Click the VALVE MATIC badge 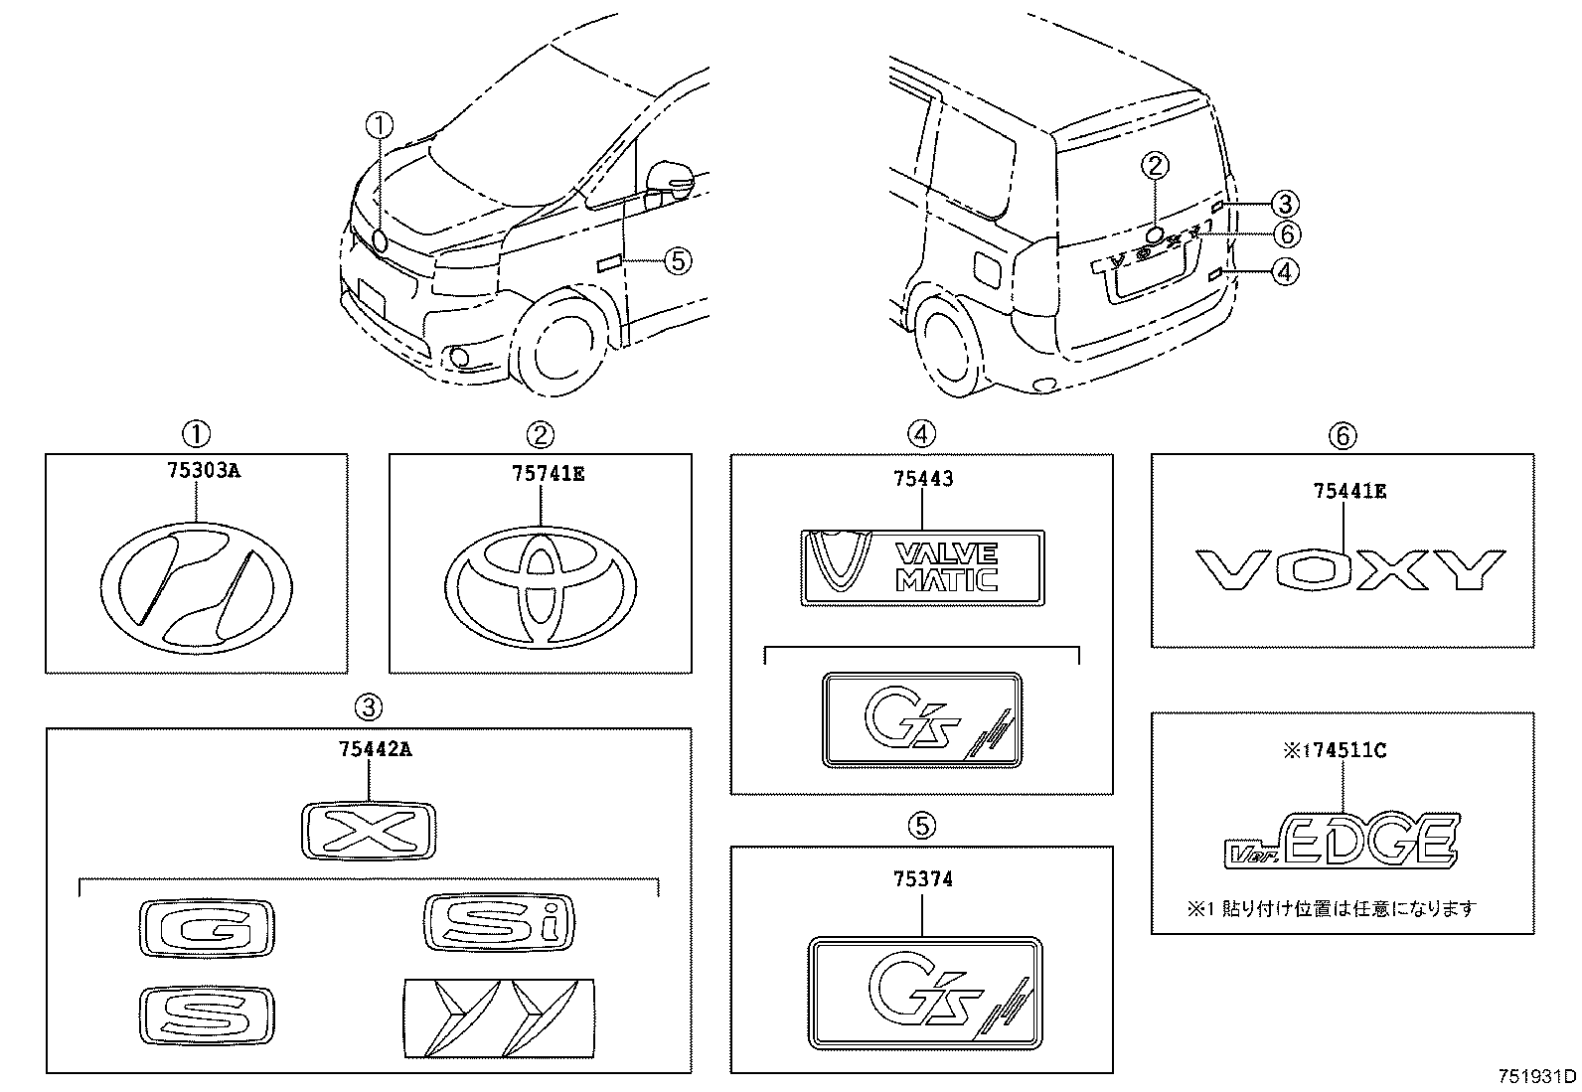pyautogui.click(x=922, y=567)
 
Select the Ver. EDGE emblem pyautogui.click(x=1342, y=841)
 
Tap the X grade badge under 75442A pyautogui.click(x=368, y=830)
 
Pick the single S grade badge pyautogui.click(x=207, y=1015)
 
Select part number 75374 pyautogui.click(x=922, y=878)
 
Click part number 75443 pyautogui.click(x=922, y=479)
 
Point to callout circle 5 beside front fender pyautogui.click(x=676, y=260)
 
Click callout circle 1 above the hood pyautogui.click(x=379, y=125)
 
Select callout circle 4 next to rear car pyautogui.click(x=1285, y=270)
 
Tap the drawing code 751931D pyautogui.click(x=1536, y=1077)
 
